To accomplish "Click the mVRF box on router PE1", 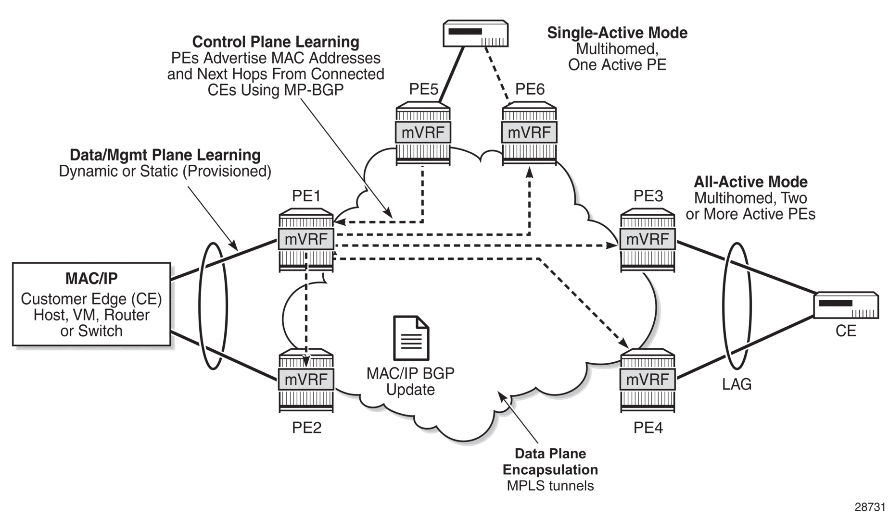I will [x=306, y=239].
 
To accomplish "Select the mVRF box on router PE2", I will [x=306, y=380].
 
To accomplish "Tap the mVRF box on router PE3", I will [x=648, y=239].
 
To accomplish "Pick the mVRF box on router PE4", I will [x=648, y=380].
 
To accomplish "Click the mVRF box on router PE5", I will [x=423, y=132].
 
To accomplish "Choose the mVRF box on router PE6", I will [x=529, y=132].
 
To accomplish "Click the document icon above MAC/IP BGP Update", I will [x=411, y=338].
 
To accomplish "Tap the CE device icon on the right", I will [x=846, y=305].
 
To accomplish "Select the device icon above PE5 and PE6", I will [x=475, y=33].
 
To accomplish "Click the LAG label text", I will [x=737, y=384].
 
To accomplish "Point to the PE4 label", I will [x=648, y=427].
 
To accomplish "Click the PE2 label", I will [x=306, y=427].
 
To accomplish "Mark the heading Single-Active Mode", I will [x=617, y=33].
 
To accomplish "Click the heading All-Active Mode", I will [x=750, y=182].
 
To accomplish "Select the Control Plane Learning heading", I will [x=276, y=42].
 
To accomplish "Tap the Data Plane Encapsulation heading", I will [x=550, y=461].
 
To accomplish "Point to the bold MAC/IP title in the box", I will [x=91, y=278].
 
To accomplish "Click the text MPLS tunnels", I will [x=550, y=485].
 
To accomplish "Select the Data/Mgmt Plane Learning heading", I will [x=165, y=155].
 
